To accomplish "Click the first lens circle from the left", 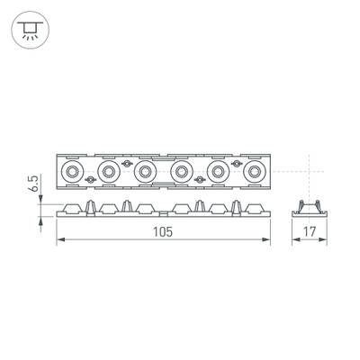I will [x=71, y=171].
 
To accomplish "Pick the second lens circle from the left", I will [x=108, y=171].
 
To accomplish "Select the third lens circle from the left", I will [x=145, y=171].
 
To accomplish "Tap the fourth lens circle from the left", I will [x=182, y=171].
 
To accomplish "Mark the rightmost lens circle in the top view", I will [x=256, y=171].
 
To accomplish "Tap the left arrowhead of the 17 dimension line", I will [x=297, y=240].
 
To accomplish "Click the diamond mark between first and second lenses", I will [x=89, y=180].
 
